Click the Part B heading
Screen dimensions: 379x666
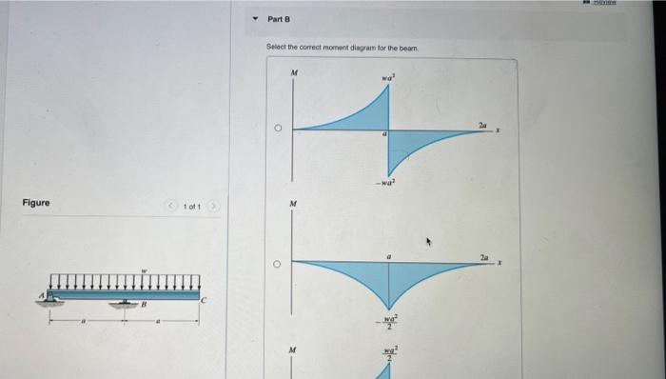pos(278,19)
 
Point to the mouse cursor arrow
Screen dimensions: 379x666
pos(428,244)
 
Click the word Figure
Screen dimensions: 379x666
pos(36,203)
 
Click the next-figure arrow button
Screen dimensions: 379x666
pos(214,206)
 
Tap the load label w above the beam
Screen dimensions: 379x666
pos(143,270)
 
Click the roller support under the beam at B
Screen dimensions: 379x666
pos(123,305)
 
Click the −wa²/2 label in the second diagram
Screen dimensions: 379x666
pos(386,322)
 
